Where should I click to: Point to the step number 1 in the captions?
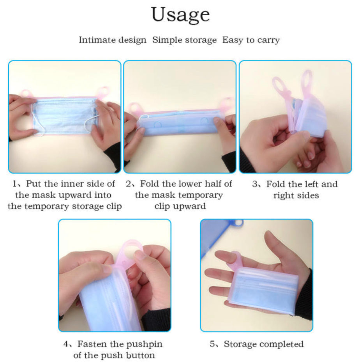(14, 184)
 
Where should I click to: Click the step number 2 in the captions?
(129, 184)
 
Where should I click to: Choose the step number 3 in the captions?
(255, 184)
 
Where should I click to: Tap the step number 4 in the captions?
(66, 344)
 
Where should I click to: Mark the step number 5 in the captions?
(212, 344)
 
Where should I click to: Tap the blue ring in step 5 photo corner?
(236, 223)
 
